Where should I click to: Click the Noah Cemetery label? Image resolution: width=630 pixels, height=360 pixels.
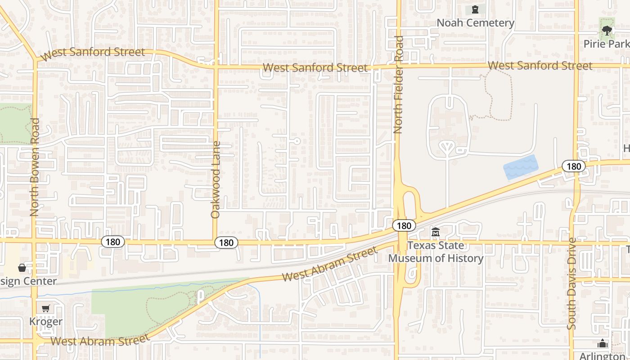[x=475, y=23]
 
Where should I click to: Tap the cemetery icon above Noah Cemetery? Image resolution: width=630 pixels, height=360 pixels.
[x=475, y=9]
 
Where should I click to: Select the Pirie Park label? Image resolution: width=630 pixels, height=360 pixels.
[x=606, y=44]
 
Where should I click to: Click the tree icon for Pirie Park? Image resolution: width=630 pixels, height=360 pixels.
[x=607, y=31]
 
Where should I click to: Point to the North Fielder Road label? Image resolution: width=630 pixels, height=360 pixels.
[x=398, y=85]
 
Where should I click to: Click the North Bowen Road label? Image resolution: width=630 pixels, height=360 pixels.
[x=35, y=167]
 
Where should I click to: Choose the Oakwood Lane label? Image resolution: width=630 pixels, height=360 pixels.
[x=216, y=180]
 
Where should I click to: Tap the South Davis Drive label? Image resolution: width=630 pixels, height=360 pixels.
[x=571, y=283]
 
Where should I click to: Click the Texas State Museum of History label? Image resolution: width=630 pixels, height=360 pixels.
[x=436, y=252]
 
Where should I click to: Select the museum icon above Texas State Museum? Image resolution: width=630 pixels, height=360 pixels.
[x=436, y=233]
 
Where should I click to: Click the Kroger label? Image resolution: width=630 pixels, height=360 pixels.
[x=45, y=322]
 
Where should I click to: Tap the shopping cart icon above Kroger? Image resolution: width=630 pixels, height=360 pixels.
[x=45, y=309]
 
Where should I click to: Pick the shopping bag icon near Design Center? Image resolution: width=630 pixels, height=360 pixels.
[x=22, y=268]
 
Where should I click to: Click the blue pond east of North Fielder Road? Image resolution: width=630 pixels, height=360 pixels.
[x=521, y=167]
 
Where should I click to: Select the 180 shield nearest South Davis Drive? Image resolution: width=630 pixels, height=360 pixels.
[x=574, y=166]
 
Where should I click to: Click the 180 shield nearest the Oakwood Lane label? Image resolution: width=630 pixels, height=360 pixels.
[x=226, y=243]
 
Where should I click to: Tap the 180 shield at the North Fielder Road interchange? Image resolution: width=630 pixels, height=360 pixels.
[x=404, y=225]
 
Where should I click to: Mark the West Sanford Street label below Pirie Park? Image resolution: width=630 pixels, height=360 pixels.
[x=540, y=66]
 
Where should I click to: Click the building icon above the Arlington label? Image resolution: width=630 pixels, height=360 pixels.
[x=603, y=344]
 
